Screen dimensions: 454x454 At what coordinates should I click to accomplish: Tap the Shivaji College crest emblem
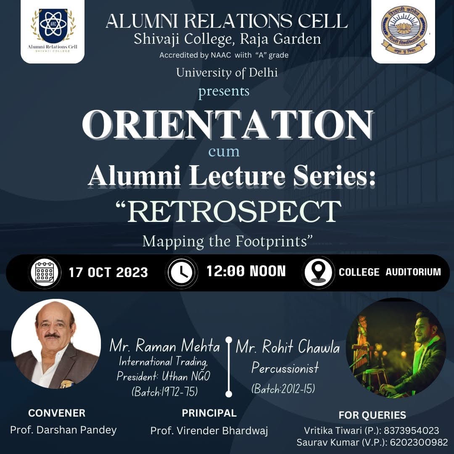click(404, 31)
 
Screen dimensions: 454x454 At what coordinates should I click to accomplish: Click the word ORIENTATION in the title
click(228, 125)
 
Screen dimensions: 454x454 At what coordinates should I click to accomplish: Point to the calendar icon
click(45, 272)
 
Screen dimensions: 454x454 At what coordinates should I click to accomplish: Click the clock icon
click(182, 272)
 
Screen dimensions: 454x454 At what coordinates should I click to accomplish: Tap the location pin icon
click(318, 272)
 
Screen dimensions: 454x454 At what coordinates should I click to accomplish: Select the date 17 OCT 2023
click(108, 272)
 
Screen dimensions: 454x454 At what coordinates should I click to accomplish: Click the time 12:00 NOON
click(246, 271)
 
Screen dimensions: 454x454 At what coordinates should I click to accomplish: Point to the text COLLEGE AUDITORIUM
click(390, 272)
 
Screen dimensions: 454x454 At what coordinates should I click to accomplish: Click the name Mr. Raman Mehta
click(165, 346)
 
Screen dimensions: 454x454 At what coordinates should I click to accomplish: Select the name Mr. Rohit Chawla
click(288, 346)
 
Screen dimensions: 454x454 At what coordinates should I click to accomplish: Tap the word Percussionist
click(285, 368)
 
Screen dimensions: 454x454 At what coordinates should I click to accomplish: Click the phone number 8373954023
click(412, 430)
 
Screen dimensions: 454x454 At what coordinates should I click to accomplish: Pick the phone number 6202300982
click(419, 442)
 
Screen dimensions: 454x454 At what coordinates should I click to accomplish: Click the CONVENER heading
click(57, 413)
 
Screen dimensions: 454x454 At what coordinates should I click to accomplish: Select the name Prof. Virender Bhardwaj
click(209, 431)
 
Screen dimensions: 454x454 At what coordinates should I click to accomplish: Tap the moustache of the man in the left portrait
click(53, 335)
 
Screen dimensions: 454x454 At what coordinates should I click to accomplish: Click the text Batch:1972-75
click(165, 392)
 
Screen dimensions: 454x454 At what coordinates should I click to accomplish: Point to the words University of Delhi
click(227, 73)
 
